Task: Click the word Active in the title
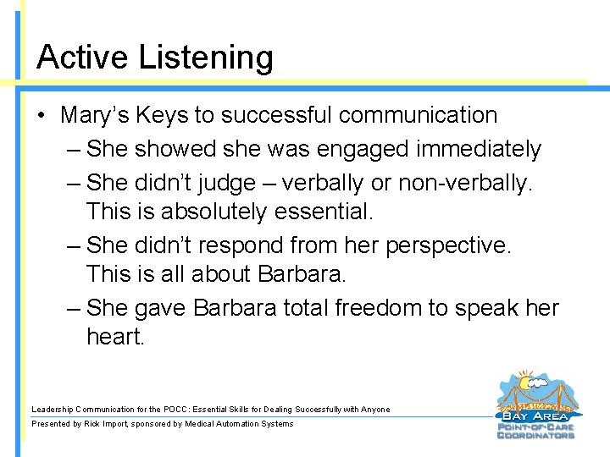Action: pos(82,58)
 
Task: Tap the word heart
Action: pos(115,337)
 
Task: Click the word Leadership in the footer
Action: pos(53,410)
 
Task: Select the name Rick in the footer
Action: pos(92,424)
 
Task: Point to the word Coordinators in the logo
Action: pos(537,435)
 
